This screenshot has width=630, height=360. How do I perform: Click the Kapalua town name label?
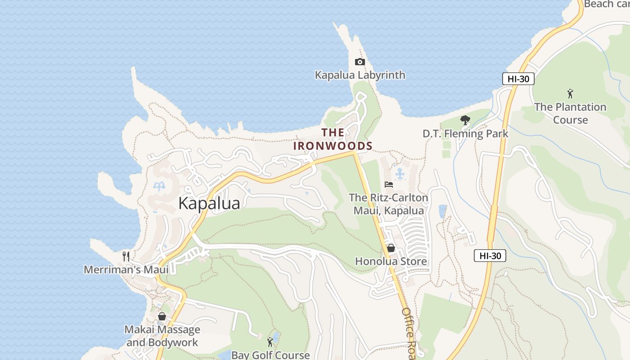209,203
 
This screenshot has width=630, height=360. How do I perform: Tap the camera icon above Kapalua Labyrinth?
360,62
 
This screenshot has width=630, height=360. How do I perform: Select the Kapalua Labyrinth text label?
360,75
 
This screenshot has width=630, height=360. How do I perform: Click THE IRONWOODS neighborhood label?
333,139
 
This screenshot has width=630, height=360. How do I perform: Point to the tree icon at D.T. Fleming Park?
465,121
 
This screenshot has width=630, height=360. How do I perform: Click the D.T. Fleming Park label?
465,134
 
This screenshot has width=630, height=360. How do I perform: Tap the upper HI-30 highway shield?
518,79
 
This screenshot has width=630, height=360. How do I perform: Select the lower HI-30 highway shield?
490,256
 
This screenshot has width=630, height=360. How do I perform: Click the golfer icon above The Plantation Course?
570,94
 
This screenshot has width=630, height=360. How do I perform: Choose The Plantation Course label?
570,113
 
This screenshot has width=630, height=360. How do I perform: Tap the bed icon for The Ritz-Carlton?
389,184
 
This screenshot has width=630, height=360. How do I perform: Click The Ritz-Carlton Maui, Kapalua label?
389,204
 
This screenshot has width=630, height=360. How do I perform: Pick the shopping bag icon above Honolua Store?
391,248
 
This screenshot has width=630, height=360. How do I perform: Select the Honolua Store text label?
391,261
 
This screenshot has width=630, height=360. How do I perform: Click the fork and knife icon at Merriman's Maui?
126,256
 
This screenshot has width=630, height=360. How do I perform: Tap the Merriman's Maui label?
126,270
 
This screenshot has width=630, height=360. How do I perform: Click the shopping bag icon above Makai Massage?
162,316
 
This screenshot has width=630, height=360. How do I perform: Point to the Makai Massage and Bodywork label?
162,336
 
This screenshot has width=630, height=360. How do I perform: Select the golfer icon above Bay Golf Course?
270,342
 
